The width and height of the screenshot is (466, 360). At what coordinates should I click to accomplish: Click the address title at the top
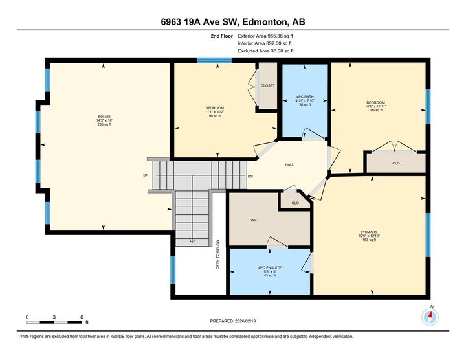[x=233, y=22]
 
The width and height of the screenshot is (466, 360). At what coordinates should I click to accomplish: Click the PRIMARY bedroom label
[x=369, y=231]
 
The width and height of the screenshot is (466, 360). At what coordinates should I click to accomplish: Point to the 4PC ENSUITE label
[x=270, y=265]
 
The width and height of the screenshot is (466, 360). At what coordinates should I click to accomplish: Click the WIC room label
[x=254, y=220]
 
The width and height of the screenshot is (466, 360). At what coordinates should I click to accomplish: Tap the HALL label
[x=289, y=164]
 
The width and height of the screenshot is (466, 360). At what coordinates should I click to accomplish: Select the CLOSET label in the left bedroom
[x=267, y=85]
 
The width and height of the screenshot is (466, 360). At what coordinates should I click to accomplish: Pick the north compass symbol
[x=431, y=317]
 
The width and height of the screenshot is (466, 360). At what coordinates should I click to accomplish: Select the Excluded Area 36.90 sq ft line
[x=266, y=51]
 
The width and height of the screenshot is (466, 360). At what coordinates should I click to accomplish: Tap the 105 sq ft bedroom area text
[x=376, y=111]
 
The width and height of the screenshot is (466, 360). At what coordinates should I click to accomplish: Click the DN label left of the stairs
[x=146, y=175]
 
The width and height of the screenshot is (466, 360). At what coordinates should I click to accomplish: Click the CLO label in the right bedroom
[x=395, y=163]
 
